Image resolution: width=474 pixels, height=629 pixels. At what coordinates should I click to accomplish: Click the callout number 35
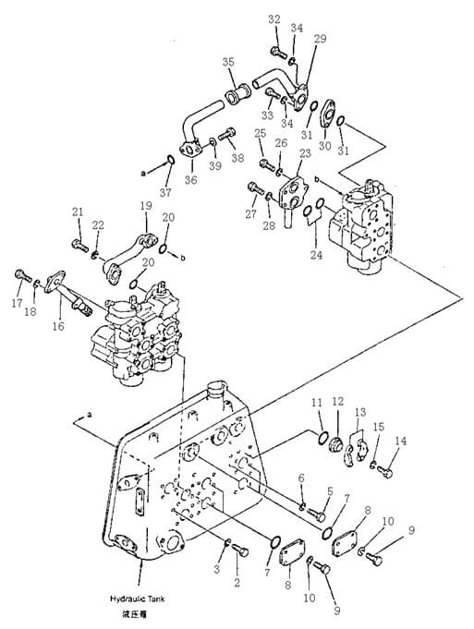point(227,62)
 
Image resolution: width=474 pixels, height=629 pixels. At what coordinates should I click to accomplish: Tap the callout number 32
point(274,19)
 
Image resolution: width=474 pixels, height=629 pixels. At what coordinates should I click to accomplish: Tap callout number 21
point(78,212)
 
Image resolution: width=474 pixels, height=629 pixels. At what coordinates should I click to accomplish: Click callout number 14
point(401,442)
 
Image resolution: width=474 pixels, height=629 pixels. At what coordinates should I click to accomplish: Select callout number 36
point(191,179)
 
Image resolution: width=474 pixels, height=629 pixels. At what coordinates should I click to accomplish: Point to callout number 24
point(316,255)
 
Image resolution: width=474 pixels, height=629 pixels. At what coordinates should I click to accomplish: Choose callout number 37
point(166,192)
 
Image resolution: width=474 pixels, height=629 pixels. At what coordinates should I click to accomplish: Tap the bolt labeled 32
point(275,49)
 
